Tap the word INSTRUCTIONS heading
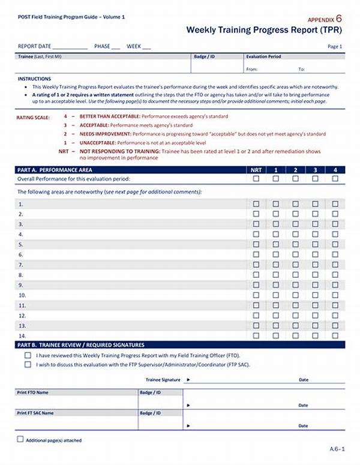[x=34, y=79]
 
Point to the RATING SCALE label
[x=33, y=118]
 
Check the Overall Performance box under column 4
[x=335, y=179]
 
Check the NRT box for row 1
[x=256, y=204]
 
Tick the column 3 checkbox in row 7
[x=315, y=265]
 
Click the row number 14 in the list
[x=22, y=335]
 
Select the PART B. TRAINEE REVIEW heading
[x=80, y=345]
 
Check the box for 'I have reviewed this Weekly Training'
[x=28, y=355]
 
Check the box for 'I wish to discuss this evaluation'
[x=28, y=364]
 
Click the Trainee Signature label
[x=163, y=380]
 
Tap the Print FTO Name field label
[x=32, y=392]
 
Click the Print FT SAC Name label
[x=35, y=413]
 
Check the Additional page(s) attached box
[x=20, y=439]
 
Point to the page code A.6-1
[x=336, y=448]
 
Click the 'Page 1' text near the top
[x=335, y=46]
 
